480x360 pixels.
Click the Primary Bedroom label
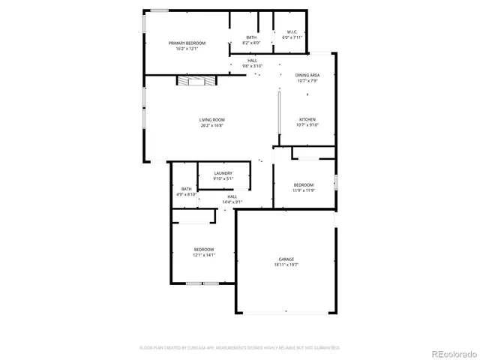(186, 43)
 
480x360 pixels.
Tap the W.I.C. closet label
(292, 31)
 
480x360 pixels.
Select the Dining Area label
(307, 76)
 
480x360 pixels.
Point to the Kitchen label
(307, 120)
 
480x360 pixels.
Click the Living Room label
(211, 120)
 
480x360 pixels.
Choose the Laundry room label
(223, 173)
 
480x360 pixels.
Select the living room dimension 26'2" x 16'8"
(211, 125)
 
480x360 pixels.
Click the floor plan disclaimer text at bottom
(240, 347)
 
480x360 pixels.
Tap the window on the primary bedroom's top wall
(159, 10)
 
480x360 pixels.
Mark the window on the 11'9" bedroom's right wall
(336, 181)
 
